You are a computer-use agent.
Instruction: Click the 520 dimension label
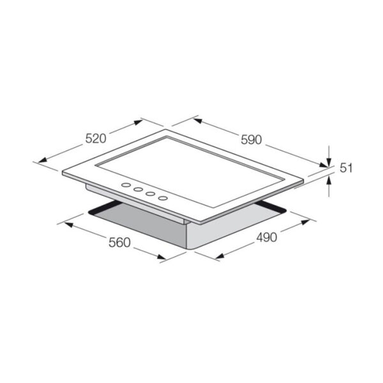pyautogui.click(x=96, y=139)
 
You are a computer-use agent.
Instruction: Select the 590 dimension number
pyautogui.click(x=252, y=140)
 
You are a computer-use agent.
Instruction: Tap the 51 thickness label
pyautogui.click(x=346, y=169)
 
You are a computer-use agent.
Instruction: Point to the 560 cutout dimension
pyautogui.click(x=120, y=243)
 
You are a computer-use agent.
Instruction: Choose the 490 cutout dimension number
pyautogui.click(x=266, y=237)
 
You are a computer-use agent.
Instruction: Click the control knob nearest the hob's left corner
pyautogui.click(x=126, y=185)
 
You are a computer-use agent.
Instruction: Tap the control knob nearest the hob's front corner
pyautogui.click(x=163, y=198)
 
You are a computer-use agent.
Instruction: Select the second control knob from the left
pyautogui.click(x=139, y=190)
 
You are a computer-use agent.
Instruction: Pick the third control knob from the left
pyautogui.click(x=151, y=193)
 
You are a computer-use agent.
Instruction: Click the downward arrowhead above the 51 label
pyautogui.click(x=329, y=162)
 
